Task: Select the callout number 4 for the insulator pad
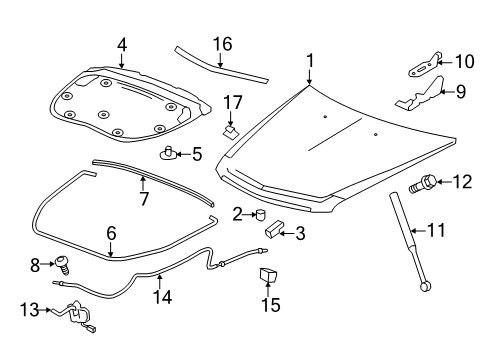[x=121, y=45]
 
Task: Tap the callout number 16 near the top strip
[x=222, y=43]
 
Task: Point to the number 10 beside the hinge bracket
[x=464, y=62]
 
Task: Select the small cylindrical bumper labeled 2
[x=260, y=213]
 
